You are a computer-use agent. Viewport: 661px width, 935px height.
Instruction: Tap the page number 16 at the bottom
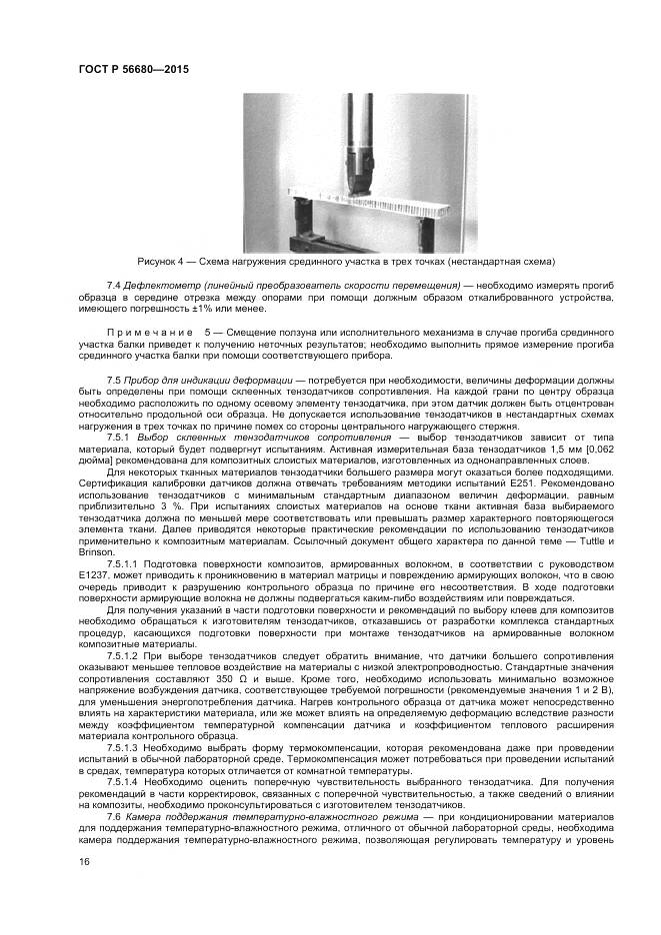84,862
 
